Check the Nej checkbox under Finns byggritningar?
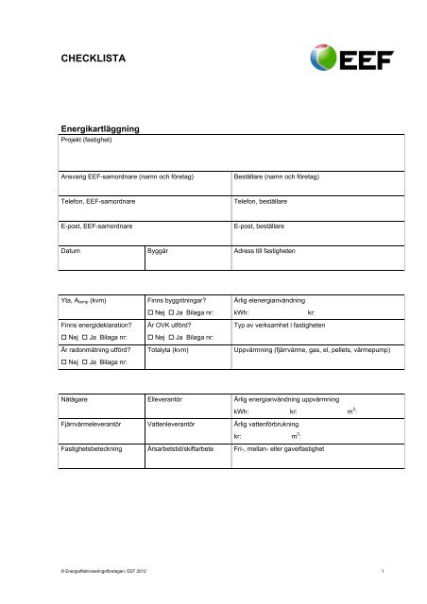point(150,311)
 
